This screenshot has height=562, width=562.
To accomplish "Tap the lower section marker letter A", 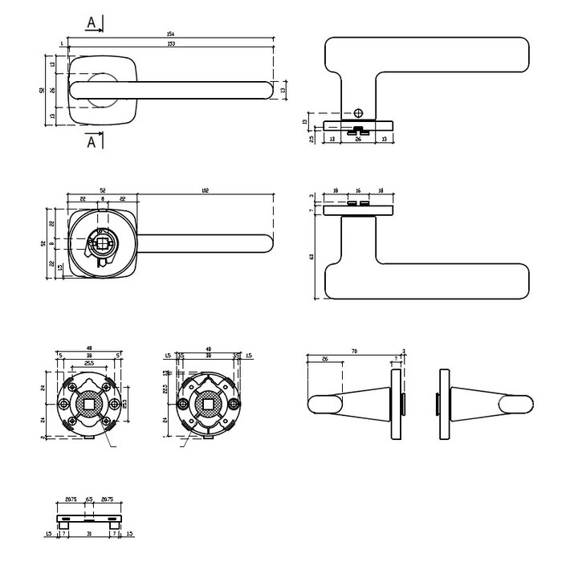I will click(92, 142).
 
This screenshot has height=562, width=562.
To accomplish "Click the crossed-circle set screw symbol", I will click(358, 112).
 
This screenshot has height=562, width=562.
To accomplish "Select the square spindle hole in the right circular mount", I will click(208, 403).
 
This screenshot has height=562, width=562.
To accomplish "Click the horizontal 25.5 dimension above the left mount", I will click(88, 363).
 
